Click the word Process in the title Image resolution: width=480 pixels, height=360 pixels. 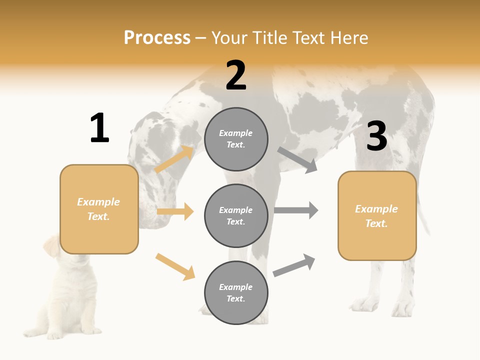157,38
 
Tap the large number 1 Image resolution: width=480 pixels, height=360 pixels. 99,128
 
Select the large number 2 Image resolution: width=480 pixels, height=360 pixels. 236,75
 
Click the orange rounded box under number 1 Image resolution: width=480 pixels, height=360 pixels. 99,209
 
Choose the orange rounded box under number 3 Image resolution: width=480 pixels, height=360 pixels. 377,215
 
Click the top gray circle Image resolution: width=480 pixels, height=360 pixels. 236,139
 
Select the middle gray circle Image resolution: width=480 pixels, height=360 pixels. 236,215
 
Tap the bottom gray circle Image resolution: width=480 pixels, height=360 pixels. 236,292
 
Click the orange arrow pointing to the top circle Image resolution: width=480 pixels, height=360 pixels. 174,159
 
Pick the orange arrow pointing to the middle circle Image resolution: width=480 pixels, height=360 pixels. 175,211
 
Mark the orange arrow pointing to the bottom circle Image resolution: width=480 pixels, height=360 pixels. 175,266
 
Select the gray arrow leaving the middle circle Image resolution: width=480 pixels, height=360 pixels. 296,210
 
